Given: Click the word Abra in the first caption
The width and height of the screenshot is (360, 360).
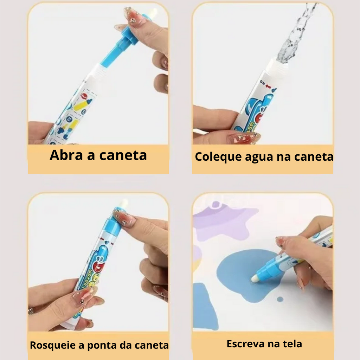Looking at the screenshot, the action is coord(66,155).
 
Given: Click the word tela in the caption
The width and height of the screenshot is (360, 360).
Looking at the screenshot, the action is coord(292,344).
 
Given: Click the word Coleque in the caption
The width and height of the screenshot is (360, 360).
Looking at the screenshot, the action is coord(218,157).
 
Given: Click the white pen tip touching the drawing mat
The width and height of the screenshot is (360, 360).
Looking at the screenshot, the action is coord(255,278).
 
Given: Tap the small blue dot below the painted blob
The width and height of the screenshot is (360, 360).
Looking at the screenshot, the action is coord(280,299).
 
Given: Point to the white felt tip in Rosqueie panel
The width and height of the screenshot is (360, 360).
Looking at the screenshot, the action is coord(124,204).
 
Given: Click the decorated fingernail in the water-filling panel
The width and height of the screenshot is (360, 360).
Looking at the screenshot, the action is coord(243,138).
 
